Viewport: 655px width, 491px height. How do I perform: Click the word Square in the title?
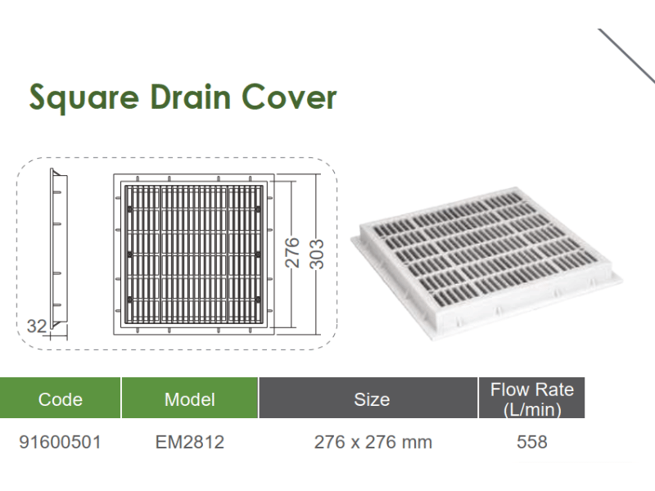(84, 97)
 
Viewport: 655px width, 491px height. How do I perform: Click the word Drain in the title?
(191, 97)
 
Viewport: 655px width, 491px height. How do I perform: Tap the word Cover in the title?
(289, 97)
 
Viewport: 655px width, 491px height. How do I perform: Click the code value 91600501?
(60, 442)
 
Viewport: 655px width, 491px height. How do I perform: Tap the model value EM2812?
(190, 442)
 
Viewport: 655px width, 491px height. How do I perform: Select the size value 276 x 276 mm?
(373, 442)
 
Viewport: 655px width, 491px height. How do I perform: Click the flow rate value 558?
(531, 442)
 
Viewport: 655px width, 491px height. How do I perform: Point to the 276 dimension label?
(292, 252)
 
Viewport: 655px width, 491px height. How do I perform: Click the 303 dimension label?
(316, 254)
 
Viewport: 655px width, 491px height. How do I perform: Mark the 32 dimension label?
(37, 326)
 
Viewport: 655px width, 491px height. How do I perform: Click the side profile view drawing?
(58, 250)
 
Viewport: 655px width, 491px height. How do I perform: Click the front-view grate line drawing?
(194, 255)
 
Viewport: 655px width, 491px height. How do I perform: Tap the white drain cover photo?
(486, 263)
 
